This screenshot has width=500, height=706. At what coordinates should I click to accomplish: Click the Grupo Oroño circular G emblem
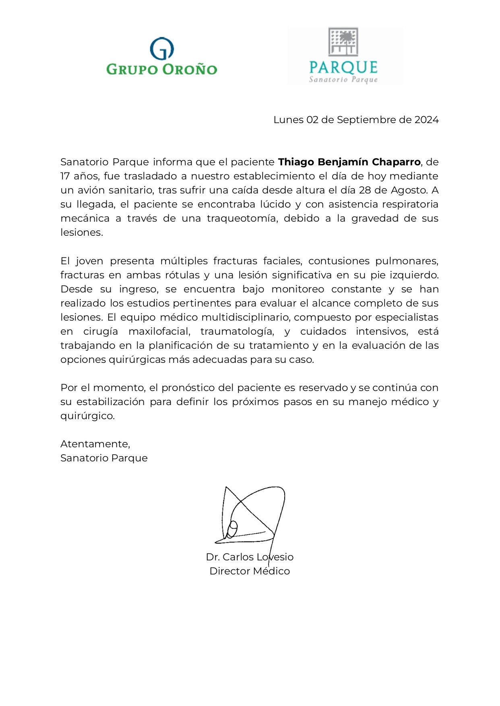click(x=162, y=49)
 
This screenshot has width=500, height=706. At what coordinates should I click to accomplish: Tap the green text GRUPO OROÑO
click(x=162, y=69)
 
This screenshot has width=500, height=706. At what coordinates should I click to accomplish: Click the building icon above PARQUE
click(x=343, y=41)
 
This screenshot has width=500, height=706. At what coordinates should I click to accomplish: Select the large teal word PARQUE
click(x=343, y=67)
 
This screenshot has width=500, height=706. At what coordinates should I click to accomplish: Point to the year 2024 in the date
click(x=426, y=120)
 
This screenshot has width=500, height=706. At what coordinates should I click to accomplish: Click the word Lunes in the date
click(x=288, y=120)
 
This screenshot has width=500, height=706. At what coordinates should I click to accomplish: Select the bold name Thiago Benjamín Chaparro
click(x=349, y=162)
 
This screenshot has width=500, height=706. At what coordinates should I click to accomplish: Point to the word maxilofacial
click(x=159, y=331)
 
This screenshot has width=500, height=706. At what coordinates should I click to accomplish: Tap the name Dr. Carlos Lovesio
click(x=250, y=557)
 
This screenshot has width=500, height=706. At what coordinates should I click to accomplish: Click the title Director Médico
click(x=250, y=571)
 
